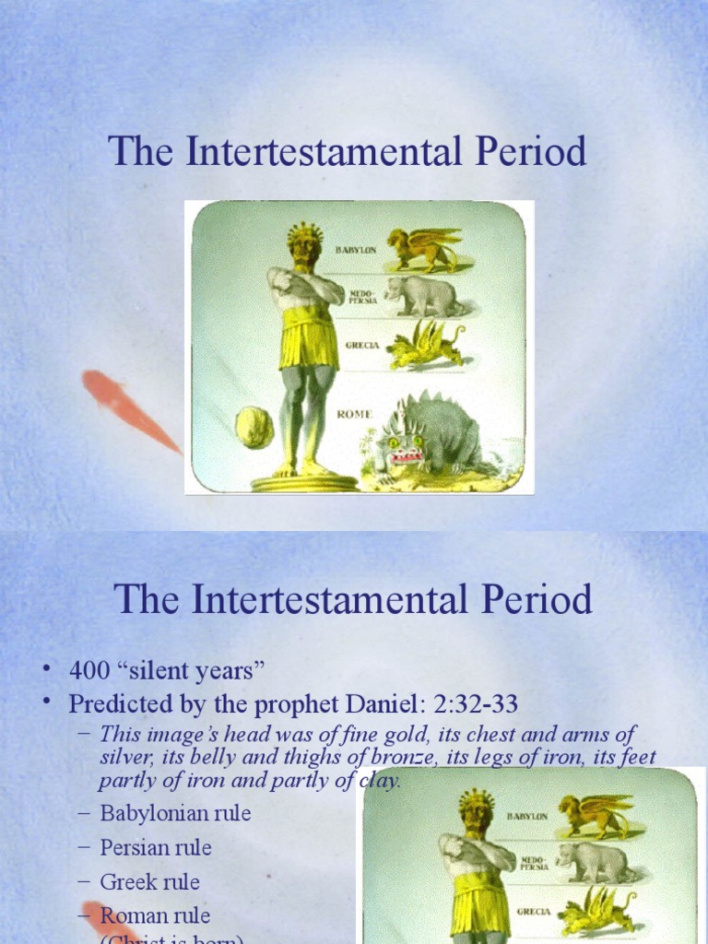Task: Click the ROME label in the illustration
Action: [x=354, y=414]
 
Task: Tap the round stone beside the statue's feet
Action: [x=254, y=427]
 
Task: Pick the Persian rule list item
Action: [x=156, y=848]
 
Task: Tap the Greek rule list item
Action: [x=150, y=882]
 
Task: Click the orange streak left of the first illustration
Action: [x=129, y=408]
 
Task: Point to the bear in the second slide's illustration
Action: [x=595, y=862]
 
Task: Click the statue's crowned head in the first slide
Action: [x=303, y=244]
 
